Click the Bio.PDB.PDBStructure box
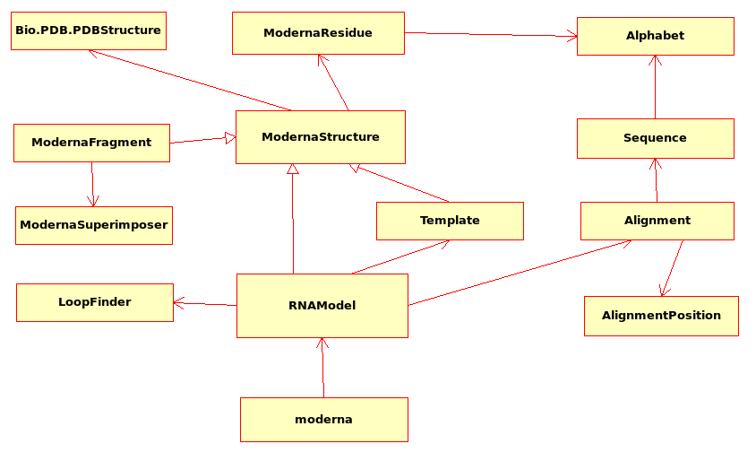tap(88, 30)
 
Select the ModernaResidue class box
tap(318, 33)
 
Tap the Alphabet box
tap(655, 36)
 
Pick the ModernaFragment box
tap(91, 143)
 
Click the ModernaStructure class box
tap(320, 137)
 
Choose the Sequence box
tap(655, 138)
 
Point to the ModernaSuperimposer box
tap(93, 225)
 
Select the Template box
tap(450, 221)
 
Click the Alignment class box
tap(657, 221)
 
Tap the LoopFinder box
tap(94, 302)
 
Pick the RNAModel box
tap(322, 306)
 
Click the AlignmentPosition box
tap(661, 316)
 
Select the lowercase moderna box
tap(323, 420)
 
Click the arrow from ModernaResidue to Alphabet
tap(490, 35)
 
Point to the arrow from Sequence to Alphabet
tap(656, 87)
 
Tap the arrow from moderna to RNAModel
tap(322, 368)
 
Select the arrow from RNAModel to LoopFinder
tap(205, 304)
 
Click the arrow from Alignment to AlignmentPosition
tap(673, 267)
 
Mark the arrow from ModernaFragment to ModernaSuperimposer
tap(92, 184)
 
